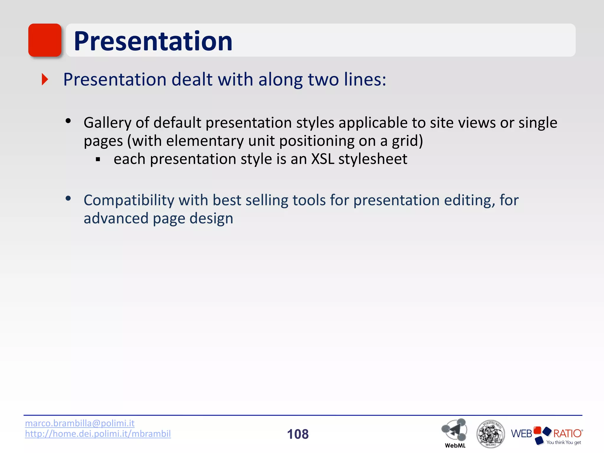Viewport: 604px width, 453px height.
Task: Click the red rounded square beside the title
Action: click(x=45, y=40)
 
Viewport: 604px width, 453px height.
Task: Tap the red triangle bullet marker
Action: click(x=45, y=80)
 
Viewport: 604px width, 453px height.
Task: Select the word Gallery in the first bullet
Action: click(x=107, y=123)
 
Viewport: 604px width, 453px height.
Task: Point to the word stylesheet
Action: click(x=373, y=159)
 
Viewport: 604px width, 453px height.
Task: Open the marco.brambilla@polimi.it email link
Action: click(x=80, y=423)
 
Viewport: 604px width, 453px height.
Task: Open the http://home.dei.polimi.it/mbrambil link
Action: click(x=98, y=434)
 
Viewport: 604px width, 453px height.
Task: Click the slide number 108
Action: click(x=298, y=434)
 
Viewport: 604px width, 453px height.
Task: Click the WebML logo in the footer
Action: click(x=454, y=432)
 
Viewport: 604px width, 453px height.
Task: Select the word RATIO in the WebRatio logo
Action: click(x=567, y=434)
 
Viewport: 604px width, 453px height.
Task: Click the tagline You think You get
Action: click(x=563, y=442)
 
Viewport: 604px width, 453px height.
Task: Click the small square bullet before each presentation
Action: click(x=98, y=160)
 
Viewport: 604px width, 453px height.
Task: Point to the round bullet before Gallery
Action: click(x=68, y=121)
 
